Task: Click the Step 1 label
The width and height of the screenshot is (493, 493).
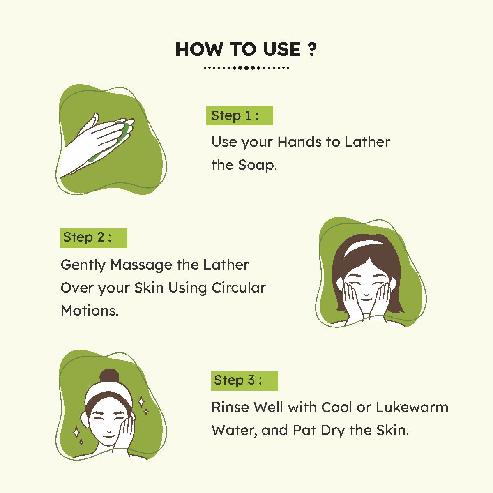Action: click(240, 115)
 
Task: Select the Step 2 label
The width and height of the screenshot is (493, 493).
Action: click(94, 238)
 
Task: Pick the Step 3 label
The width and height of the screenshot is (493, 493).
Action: click(244, 381)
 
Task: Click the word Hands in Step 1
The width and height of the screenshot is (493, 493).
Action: click(299, 142)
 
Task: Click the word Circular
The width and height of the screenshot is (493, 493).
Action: click(239, 288)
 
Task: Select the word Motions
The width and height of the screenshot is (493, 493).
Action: click(90, 311)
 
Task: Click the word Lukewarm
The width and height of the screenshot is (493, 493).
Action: click(412, 408)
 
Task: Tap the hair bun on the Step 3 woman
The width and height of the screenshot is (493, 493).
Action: click(110, 376)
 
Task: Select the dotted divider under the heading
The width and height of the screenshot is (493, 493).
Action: click(246, 68)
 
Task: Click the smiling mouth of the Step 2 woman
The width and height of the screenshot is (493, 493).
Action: click(366, 299)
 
